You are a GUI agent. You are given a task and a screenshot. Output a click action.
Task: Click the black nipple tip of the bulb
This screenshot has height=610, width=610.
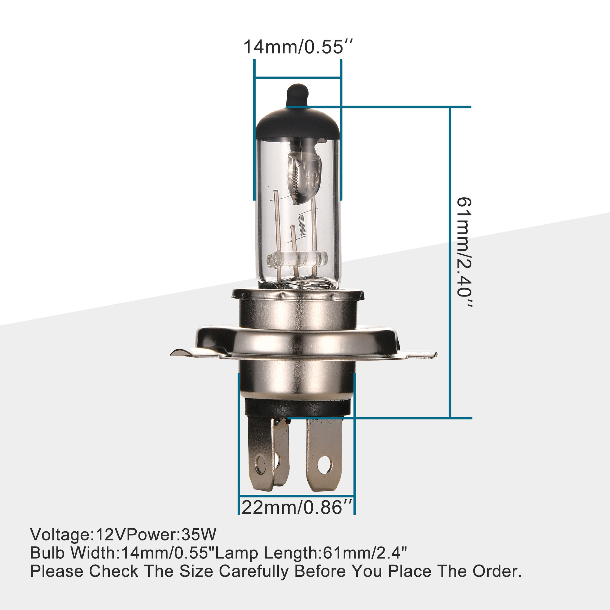point(297,94)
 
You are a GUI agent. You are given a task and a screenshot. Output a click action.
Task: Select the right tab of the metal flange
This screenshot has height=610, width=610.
point(420,354)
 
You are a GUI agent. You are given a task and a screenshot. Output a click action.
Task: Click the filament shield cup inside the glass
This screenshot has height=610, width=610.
point(305,177)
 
